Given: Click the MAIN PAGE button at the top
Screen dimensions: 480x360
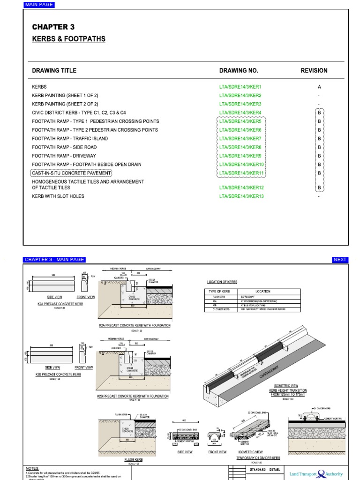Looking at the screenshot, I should [39, 5].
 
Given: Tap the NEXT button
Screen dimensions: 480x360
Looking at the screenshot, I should [340, 260].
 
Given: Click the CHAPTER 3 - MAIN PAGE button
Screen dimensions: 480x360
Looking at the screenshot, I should [54, 260].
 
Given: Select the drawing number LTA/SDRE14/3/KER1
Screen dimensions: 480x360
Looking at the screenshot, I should [240, 87].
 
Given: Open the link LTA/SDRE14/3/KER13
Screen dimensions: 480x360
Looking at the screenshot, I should [241, 196].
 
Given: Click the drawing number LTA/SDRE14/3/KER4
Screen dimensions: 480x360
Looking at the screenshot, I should [240, 112].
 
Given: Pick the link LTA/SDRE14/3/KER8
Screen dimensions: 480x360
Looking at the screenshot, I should [240, 147].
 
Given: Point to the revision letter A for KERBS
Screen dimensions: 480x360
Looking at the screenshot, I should [319, 87].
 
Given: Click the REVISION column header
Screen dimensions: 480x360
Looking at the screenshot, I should [314, 71].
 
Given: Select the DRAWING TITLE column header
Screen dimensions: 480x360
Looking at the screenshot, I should [54, 71].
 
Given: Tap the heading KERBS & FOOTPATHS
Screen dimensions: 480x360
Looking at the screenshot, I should [68, 39].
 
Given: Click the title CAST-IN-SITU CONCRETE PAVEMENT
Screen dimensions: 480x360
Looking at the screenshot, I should [71, 173].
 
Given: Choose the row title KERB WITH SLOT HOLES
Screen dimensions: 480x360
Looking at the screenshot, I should [58, 196].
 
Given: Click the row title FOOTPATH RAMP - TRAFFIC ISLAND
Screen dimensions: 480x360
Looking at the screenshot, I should [70, 139].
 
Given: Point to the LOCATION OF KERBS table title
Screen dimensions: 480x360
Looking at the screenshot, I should [222, 282].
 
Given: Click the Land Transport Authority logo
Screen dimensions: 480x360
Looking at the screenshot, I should [316, 473].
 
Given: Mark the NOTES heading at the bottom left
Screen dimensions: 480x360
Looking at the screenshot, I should [32, 468].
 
